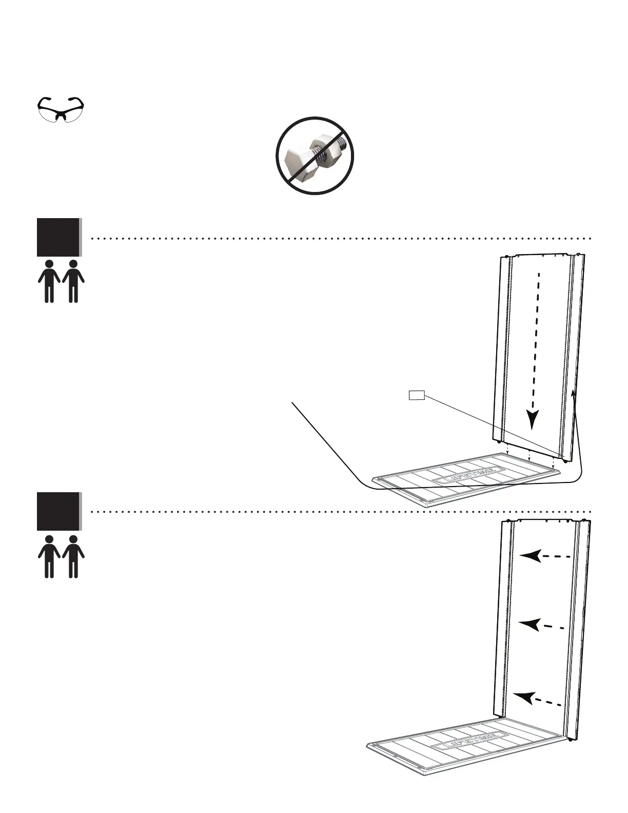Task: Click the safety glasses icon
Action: tap(62, 109)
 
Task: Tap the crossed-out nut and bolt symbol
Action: tap(315, 156)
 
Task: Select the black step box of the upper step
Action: tap(58, 237)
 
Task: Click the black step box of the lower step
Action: tap(58, 511)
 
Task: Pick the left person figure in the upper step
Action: tap(49, 281)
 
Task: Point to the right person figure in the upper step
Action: tap(73, 281)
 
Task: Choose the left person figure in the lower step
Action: tap(49, 556)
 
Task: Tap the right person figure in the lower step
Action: tap(73, 556)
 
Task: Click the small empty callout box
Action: tap(416, 395)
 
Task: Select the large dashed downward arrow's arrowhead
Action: tap(534, 419)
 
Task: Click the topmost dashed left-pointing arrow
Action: tap(532, 556)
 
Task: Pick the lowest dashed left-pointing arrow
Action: tap(526, 698)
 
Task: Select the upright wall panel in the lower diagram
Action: tap(539, 626)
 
